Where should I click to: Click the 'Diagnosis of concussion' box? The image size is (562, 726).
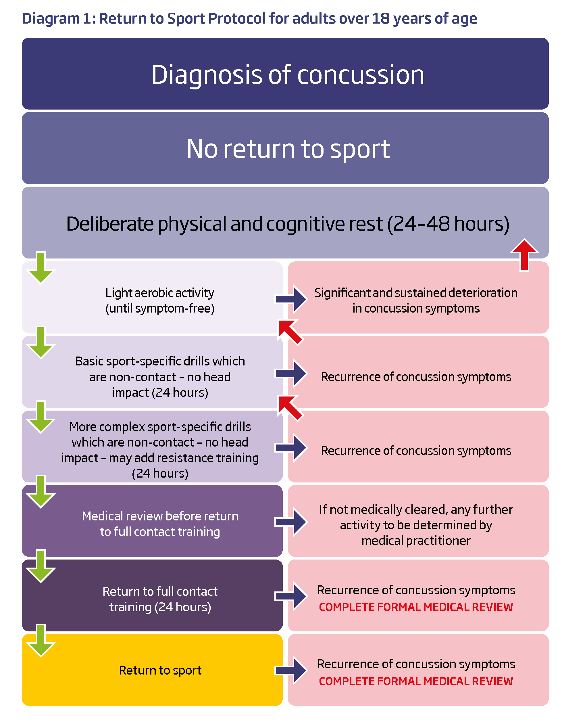pos(285,74)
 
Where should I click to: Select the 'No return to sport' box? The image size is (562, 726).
pos(285,148)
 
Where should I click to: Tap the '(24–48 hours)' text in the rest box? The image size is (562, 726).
pos(449,224)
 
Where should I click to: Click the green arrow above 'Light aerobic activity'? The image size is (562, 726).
pos(41,268)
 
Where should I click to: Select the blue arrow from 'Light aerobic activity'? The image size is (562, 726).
pos(291,299)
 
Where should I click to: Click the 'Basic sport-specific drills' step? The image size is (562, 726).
pos(160,377)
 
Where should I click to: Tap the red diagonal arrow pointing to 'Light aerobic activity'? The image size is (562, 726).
pos(290,332)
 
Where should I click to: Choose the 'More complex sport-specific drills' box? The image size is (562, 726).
pos(160,449)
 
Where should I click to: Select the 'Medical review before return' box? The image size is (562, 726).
pos(160,524)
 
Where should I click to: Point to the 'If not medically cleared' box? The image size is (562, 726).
pos(416,524)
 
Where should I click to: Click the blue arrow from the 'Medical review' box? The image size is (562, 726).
pos(291,522)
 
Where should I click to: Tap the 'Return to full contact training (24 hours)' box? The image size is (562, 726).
pos(160,599)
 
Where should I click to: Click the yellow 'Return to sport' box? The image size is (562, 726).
pos(160,670)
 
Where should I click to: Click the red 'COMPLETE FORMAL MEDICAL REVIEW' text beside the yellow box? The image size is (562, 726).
pos(416,681)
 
